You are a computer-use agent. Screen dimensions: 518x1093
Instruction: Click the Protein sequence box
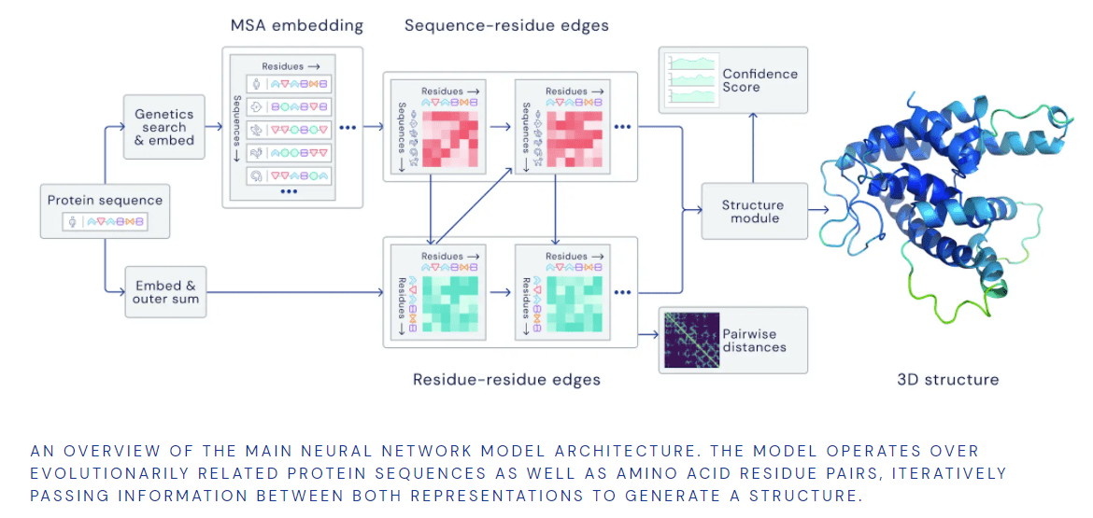point(105,210)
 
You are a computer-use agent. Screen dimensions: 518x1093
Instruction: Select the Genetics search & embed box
point(164,127)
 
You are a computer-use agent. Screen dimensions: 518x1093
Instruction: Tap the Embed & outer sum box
point(164,292)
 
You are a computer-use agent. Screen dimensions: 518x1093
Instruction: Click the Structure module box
point(753,211)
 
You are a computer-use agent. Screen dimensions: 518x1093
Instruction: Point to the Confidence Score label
point(759,80)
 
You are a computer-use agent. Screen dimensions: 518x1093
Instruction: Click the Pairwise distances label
point(754,341)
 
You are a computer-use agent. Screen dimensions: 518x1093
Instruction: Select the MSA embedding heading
point(296,25)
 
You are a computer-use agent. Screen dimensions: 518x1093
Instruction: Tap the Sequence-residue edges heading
point(506,25)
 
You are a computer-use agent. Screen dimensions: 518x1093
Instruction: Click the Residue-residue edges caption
point(506,380)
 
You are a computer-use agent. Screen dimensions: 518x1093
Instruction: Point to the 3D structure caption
point(947,380)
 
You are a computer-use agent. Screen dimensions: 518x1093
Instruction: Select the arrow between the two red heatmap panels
point(501,126)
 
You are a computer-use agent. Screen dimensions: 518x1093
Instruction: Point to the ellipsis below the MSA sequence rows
point(289,191)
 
